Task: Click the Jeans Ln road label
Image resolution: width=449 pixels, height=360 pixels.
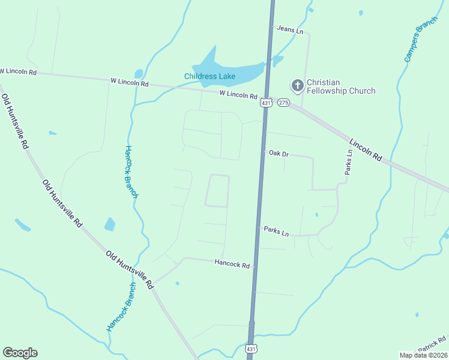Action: click(290, 29)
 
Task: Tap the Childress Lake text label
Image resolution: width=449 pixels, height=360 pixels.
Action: click(209, 76)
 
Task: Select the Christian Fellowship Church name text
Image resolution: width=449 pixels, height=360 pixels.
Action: click(340, 86)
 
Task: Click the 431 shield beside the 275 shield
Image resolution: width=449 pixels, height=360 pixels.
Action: click(266, 103)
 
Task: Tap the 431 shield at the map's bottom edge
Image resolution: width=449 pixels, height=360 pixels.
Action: click(251, 348)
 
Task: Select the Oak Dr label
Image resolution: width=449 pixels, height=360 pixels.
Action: click(279, 154)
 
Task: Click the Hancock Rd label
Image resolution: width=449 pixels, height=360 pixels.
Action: click(232, 263)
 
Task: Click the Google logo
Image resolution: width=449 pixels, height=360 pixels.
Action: click(20, 353)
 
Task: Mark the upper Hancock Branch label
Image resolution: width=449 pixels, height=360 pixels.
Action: click(131, 172)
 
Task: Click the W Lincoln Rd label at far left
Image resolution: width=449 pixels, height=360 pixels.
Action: click(18, 72)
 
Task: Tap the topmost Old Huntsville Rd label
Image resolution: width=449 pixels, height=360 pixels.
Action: click(14, 121)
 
